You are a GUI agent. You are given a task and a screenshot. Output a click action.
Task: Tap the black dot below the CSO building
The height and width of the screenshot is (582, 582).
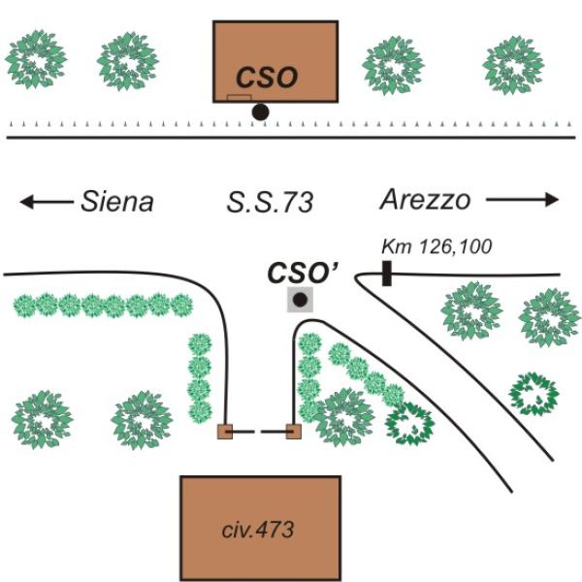coord(260,113)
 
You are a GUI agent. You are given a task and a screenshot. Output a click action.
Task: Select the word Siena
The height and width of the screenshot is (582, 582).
coord(116,201)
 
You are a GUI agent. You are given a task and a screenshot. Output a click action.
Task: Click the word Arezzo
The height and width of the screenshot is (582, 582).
coord(425,200)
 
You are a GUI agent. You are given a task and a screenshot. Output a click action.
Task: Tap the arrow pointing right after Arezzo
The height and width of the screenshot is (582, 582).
coord(523,200)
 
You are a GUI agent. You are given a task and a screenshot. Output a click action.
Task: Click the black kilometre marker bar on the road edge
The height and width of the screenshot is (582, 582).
coord(386,274)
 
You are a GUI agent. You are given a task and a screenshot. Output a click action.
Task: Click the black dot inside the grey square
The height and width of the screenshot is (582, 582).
coord(301,299)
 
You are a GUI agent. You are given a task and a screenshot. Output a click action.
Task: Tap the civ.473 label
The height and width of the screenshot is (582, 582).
coord(260,530)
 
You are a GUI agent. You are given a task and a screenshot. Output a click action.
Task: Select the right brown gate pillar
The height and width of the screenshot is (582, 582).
coord(293,432)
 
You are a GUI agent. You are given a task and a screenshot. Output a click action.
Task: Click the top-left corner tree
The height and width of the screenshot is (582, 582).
coord(35,59)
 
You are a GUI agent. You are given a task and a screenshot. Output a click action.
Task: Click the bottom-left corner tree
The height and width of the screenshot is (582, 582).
coord(41,419)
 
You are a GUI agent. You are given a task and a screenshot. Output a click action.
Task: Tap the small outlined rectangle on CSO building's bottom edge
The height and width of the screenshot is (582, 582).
coord(239,98)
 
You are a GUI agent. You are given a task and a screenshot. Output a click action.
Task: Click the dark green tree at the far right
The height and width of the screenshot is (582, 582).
coord(534,393)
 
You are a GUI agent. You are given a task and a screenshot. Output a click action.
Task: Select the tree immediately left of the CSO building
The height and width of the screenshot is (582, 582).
coord(128,61)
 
